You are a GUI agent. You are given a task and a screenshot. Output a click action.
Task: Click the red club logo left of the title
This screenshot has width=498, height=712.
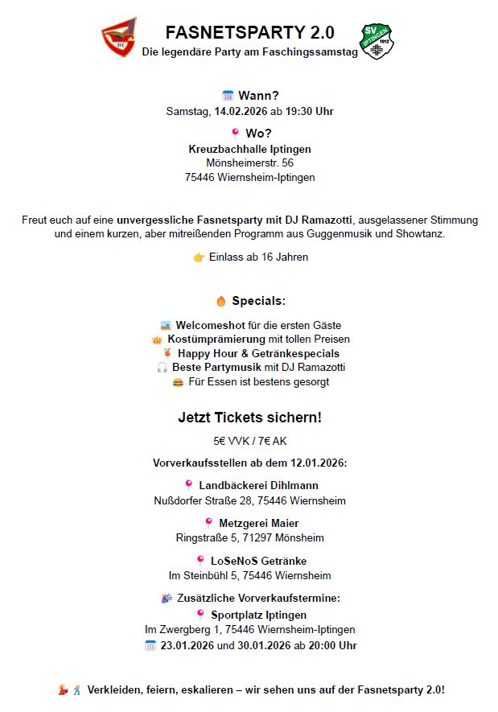(118, 38)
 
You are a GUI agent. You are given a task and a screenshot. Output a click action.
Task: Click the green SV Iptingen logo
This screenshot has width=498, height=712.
(377, 42)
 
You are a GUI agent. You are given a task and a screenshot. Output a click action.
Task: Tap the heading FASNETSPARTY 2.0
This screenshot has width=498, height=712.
(249, 33)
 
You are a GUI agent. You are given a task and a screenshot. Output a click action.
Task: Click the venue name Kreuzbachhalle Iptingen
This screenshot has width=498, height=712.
(249, 149)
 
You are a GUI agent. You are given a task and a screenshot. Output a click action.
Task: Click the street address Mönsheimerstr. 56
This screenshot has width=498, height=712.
(249, 163)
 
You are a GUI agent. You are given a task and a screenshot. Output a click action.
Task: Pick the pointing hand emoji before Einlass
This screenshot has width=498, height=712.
(199, 257)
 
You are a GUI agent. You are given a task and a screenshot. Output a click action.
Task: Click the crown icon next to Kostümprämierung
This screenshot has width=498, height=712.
(157, 340)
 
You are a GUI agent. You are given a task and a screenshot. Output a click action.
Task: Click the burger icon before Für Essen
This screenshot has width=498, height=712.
(178, 381)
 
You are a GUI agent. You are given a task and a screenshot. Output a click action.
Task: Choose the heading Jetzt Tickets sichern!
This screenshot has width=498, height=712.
(249, 418)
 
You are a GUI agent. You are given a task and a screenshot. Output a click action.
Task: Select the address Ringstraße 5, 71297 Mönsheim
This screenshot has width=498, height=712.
(249, 537)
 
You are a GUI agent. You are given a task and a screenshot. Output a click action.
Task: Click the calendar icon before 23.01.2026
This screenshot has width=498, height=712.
(150, 645)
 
